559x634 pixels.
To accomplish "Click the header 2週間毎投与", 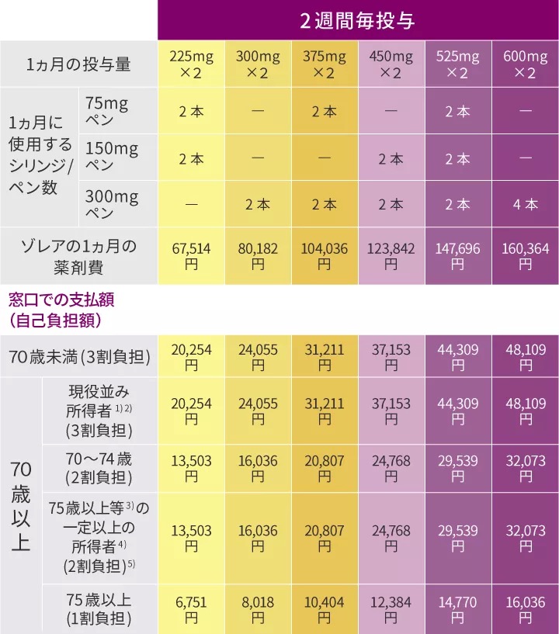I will pyautogui.click(x=357, y=20).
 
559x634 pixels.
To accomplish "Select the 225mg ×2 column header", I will pyautogui.click(x=191, y=64).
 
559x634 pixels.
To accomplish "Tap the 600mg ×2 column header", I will pyautogui.click(x=525, y=64).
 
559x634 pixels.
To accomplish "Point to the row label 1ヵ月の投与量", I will pyautogui.click(x=78, y=64).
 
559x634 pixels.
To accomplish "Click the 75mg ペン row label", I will pyautogui.click(x=107, y=112).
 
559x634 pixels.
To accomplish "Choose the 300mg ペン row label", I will pyautogui.click(x=111, y=205).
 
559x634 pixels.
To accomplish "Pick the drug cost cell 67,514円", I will pyautogui.click(x=191, y=256).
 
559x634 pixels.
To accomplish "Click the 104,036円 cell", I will pyautogui.click(x=325, y=256).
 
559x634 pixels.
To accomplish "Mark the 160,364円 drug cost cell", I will pyautogui.click(x=525, y=256).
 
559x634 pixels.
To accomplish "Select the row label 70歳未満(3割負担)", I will pyautogui.click(x=78, y=358).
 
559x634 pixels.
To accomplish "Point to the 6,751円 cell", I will pyautogui.click(x=191, y=610).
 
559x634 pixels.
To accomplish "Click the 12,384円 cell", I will pyautogui.click(x=391, y=610).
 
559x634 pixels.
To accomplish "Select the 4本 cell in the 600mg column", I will pyautogui.click(x=525, y=205).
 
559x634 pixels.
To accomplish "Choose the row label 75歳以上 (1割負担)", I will pyautogui.click(x=99, y=610).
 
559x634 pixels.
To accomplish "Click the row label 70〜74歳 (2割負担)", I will pyautogui.click(x=99, y=468).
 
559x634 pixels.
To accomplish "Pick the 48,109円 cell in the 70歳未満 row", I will pyautogui.click(x=525, y=358).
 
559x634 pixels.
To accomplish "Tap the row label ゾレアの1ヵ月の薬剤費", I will pyautogui.click(x=78, y=256).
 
